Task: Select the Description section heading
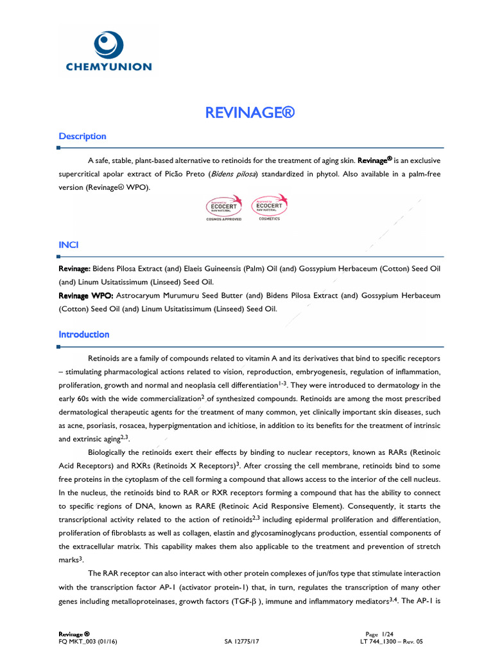82,136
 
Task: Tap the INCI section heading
69,246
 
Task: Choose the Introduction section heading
84,334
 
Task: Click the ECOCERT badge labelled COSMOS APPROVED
223,208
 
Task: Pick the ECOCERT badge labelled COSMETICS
269,208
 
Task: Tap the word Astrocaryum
139,295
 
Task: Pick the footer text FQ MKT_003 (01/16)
85,640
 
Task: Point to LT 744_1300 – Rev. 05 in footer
392,640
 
